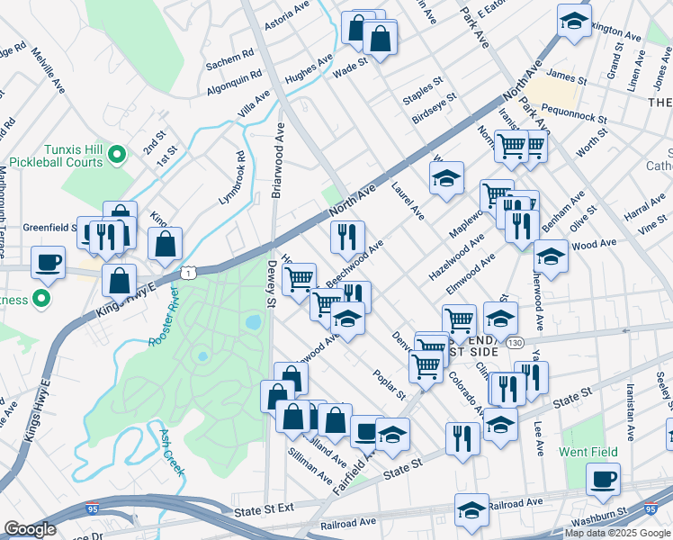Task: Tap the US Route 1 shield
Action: [188, 271]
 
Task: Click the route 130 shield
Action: [513, 343]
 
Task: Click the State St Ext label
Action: [264, 509]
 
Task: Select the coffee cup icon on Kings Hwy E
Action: [48, 263]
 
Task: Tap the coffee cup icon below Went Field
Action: [603, 478]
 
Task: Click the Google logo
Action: [30, 529]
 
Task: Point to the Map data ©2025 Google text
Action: [616, 533]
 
